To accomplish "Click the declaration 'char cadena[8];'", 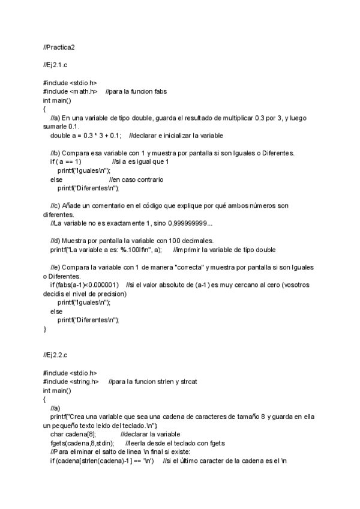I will pyautogui.click(x=72, y=433).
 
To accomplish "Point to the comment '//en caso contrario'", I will pyautogui.click(x=136, y=179).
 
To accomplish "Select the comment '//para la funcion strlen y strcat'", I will pyautogui.click(x=154, y=382).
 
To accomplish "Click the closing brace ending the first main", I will pyautogui.click(x=45, y=329).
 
